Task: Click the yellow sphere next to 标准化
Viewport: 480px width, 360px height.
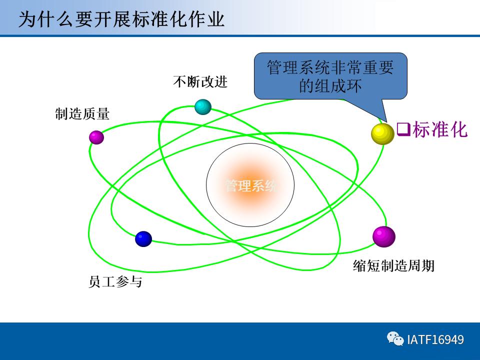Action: point(382,133)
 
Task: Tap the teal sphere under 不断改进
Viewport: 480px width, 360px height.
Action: point(202,106)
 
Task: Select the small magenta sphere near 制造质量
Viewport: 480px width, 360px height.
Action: point(96,137)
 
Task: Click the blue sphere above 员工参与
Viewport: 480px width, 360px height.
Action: point(143,239)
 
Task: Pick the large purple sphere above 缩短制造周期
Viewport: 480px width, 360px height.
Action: point(383,236)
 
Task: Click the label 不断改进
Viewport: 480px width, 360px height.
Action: point(200,81)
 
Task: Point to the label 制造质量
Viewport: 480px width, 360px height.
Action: point(82,114)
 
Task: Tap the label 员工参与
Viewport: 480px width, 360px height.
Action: point(115,282)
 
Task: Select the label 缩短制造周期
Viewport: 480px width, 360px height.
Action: point(393,265)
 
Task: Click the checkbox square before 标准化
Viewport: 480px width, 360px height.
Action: point(403,129)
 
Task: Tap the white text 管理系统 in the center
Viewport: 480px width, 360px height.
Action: point(250,186)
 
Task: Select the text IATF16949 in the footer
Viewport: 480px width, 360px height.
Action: point(435,340)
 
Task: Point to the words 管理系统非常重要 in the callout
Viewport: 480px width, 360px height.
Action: point(330,67)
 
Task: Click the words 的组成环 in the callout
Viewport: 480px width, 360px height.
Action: point(330,86)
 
